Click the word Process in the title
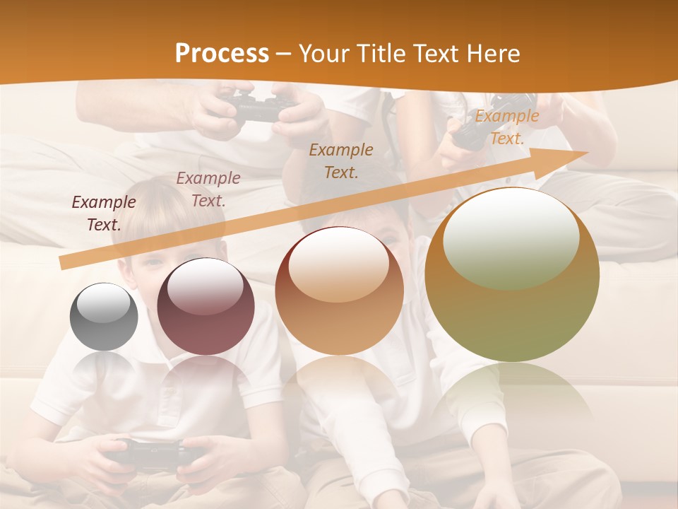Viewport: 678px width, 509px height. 222,54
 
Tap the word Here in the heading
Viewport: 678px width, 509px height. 492,54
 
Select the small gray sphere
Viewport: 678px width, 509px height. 104,317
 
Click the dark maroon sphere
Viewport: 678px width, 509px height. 206,307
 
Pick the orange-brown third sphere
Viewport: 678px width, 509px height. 339,291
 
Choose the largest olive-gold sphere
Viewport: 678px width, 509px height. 512,276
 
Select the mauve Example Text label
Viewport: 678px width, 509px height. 208,189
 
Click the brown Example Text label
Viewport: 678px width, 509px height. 341,160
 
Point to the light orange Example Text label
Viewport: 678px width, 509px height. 506,127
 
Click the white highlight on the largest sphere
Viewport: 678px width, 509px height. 511,238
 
